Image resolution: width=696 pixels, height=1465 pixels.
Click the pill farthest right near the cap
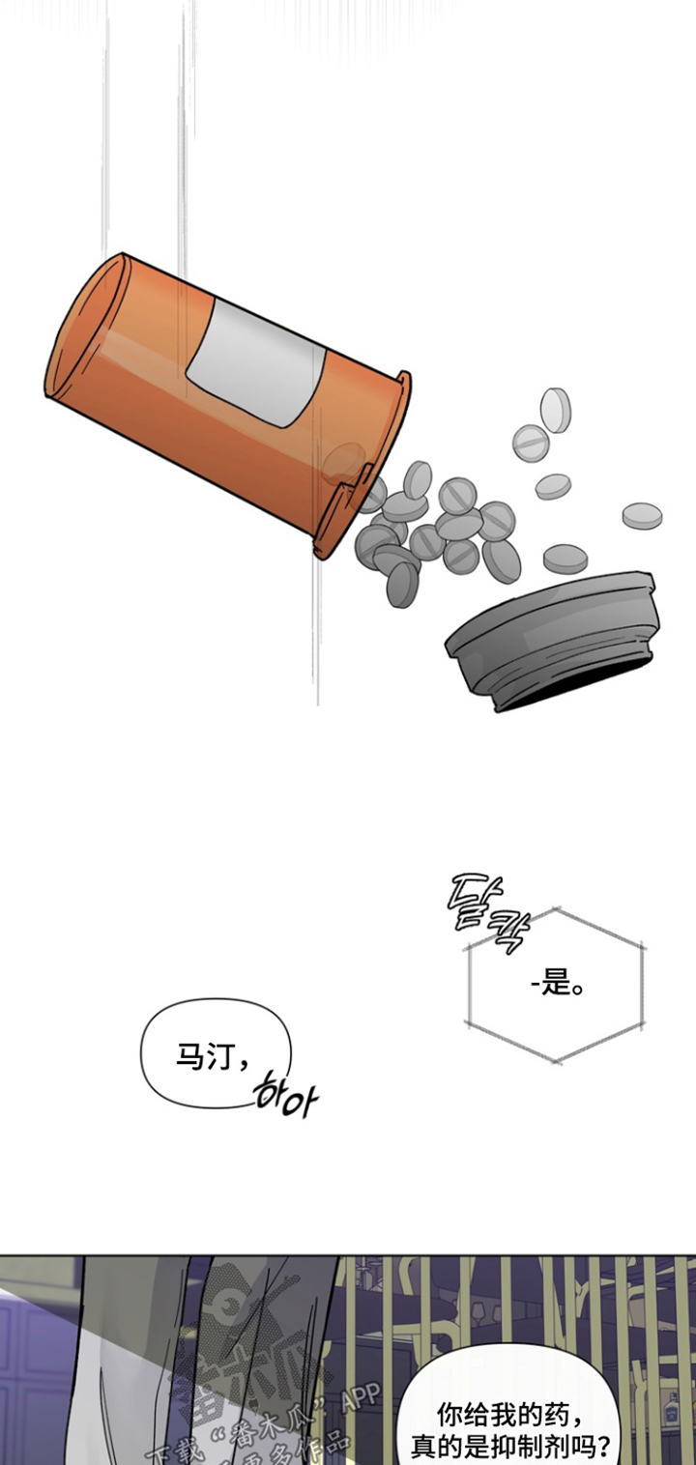tap(642, 515)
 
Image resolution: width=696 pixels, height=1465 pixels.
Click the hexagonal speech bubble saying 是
tap(553, 986)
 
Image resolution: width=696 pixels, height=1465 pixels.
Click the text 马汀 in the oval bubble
tap(201, 1056)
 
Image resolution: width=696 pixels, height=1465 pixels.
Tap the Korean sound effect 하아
tap(283, 1097)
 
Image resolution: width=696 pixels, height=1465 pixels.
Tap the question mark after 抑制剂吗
tap(602, 1447)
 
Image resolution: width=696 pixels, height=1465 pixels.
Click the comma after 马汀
tap(242, 1063)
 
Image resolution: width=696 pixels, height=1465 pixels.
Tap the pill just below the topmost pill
tap(531, 442)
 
